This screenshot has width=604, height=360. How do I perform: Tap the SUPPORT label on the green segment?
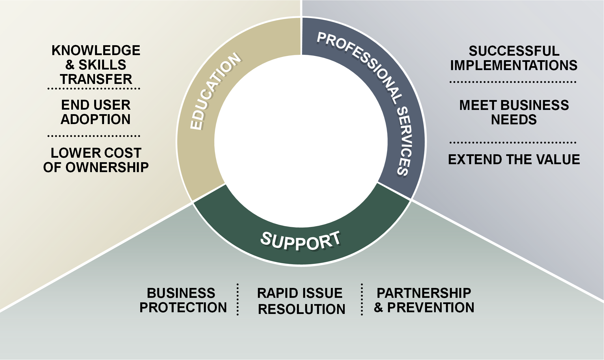(x=300, y=241)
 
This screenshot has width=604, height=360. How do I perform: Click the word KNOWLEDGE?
(x=96, y=51)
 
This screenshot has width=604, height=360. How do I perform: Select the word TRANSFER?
(x=96, y=79)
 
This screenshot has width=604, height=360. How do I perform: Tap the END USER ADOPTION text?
(x=96, y=112)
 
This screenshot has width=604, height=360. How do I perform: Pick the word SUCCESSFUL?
(x=514, y=51)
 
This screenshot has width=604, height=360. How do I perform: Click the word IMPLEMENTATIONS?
(x=514, y=66)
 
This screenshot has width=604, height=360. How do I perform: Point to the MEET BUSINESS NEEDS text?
(x=514, y=112)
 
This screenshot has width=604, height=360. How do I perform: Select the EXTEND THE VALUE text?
(x=514, y=160)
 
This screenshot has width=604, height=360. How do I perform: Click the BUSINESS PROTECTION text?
(x=183, y=300)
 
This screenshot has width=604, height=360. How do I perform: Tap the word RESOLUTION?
(x=301, y=309)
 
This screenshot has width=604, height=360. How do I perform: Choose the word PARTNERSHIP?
(x=424, y=293)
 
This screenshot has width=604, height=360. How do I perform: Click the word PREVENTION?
(x=430, y=308)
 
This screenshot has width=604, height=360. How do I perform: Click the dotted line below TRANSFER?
(x=94, y=89)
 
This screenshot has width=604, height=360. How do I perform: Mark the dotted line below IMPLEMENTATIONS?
(x=513, y=82)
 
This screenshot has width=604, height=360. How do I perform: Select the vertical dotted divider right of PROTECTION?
(x=238, y=300)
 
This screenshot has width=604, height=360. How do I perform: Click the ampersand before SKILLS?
(x=70, y=65)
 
